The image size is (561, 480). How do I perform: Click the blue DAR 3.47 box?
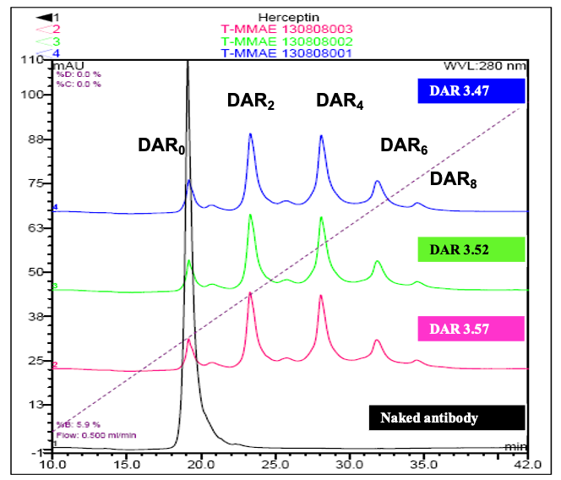[471, 90]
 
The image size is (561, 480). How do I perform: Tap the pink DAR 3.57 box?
[471, 327]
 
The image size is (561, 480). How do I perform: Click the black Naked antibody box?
[447, 417]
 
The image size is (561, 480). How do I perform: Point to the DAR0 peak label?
[161, 146]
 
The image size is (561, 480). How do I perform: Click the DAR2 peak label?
[251, 102]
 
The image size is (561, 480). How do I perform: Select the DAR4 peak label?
[340, 102]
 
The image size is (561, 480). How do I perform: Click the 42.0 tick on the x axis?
[527, 463]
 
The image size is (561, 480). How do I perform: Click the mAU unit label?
[69, 65]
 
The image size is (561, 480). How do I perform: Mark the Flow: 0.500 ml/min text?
[90, 435]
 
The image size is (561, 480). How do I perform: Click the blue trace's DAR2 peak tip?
[250, 134]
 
